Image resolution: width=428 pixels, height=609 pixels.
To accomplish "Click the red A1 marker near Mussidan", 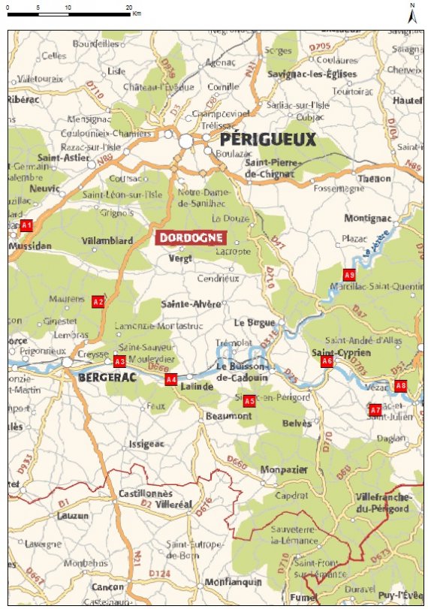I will pos(27,225).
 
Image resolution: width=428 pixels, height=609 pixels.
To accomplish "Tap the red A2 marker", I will pos(98,301).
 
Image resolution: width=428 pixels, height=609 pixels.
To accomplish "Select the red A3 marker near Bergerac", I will pos(119,361).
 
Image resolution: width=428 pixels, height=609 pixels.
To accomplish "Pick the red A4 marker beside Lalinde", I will pos(171,380).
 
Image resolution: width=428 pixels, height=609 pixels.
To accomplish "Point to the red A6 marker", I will pos(327,361).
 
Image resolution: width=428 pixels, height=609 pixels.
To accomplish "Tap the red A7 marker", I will pos(375,410).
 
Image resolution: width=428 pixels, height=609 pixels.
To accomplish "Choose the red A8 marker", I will pos(400,386).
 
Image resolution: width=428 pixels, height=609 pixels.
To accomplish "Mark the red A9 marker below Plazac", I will pos(348,274).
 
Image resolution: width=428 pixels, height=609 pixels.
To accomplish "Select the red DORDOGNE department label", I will pos(191,237).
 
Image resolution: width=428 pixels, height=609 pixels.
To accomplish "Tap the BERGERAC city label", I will pos(107,377).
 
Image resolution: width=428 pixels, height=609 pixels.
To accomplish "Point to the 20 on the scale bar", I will pos(128,6).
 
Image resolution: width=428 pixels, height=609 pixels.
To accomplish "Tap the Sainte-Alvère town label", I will pos(191,304).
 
